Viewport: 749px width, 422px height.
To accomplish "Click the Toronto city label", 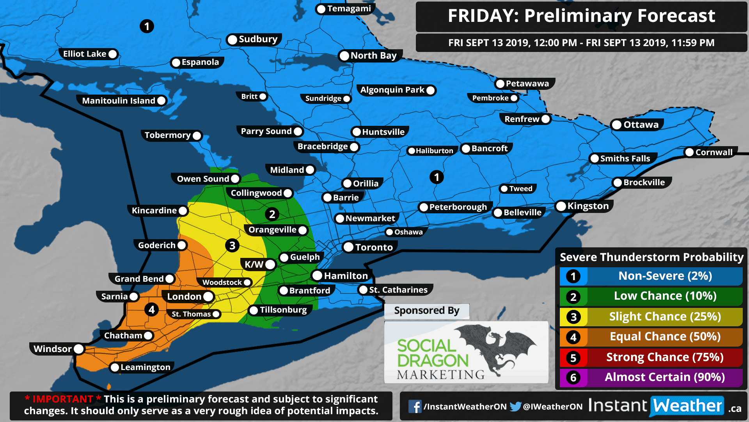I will coord(373,247).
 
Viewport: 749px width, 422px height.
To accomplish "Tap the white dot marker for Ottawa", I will coord(617,125).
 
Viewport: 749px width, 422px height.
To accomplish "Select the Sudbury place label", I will coord(257,39).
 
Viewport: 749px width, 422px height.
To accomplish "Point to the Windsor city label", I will coord(53,349).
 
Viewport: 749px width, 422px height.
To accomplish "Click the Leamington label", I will coord(145,367).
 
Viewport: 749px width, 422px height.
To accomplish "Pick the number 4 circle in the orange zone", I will coord(152,310).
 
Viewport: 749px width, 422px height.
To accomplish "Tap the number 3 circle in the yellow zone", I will coord(232,245).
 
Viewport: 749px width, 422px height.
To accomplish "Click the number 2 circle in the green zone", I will coord(272,214).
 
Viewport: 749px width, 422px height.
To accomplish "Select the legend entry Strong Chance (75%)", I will coord(664,357).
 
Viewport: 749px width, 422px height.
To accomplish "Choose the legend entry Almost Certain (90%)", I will coord(664,377).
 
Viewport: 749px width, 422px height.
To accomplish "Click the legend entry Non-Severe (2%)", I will coord(664,276).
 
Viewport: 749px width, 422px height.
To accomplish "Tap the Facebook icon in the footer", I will coord(415,407).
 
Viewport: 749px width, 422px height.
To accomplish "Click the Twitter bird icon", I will coord(515,407).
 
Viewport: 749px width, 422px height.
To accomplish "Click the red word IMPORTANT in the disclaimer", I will coord(63,399).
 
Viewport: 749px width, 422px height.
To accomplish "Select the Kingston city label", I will coord(587,206).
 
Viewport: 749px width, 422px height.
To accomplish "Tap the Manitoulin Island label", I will coord(119,101).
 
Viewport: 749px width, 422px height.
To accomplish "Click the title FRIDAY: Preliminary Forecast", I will coord(581,16).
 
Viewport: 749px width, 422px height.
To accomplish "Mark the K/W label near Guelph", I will coord(254,265).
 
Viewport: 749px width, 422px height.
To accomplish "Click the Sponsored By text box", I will coord(426,311).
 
